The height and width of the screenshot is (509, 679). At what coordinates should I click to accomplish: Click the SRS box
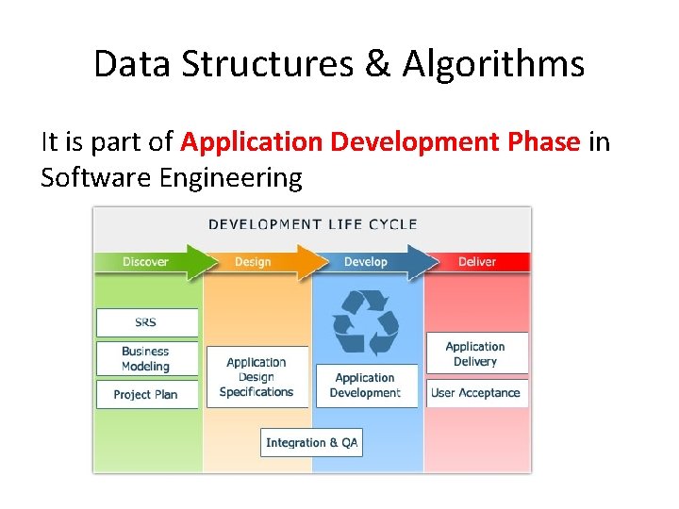tap(146, 322)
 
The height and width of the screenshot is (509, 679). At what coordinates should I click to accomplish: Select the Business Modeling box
tap(146, 358)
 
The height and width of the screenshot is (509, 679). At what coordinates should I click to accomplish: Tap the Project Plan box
tap(146, 394)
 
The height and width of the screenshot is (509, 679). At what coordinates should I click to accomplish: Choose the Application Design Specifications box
tap(257, 377)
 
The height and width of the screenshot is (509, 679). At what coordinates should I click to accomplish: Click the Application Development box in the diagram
tap(366, 386)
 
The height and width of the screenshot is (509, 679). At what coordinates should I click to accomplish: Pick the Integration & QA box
tap(311, 442)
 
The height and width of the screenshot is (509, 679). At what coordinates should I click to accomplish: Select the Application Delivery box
tap(475, 353)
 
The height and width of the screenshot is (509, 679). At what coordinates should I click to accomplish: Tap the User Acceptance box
tap(475, 393)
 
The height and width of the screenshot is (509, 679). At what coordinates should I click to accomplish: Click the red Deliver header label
tap(477, 262)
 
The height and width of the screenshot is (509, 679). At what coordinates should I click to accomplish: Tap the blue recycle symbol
tap(366, 323)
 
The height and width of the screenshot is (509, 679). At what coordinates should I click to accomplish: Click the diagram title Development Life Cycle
tap(312, 224)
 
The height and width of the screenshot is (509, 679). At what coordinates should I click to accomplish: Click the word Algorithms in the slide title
tap(493, 64)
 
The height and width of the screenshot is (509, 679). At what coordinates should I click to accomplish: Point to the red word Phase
tap(544, 141)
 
